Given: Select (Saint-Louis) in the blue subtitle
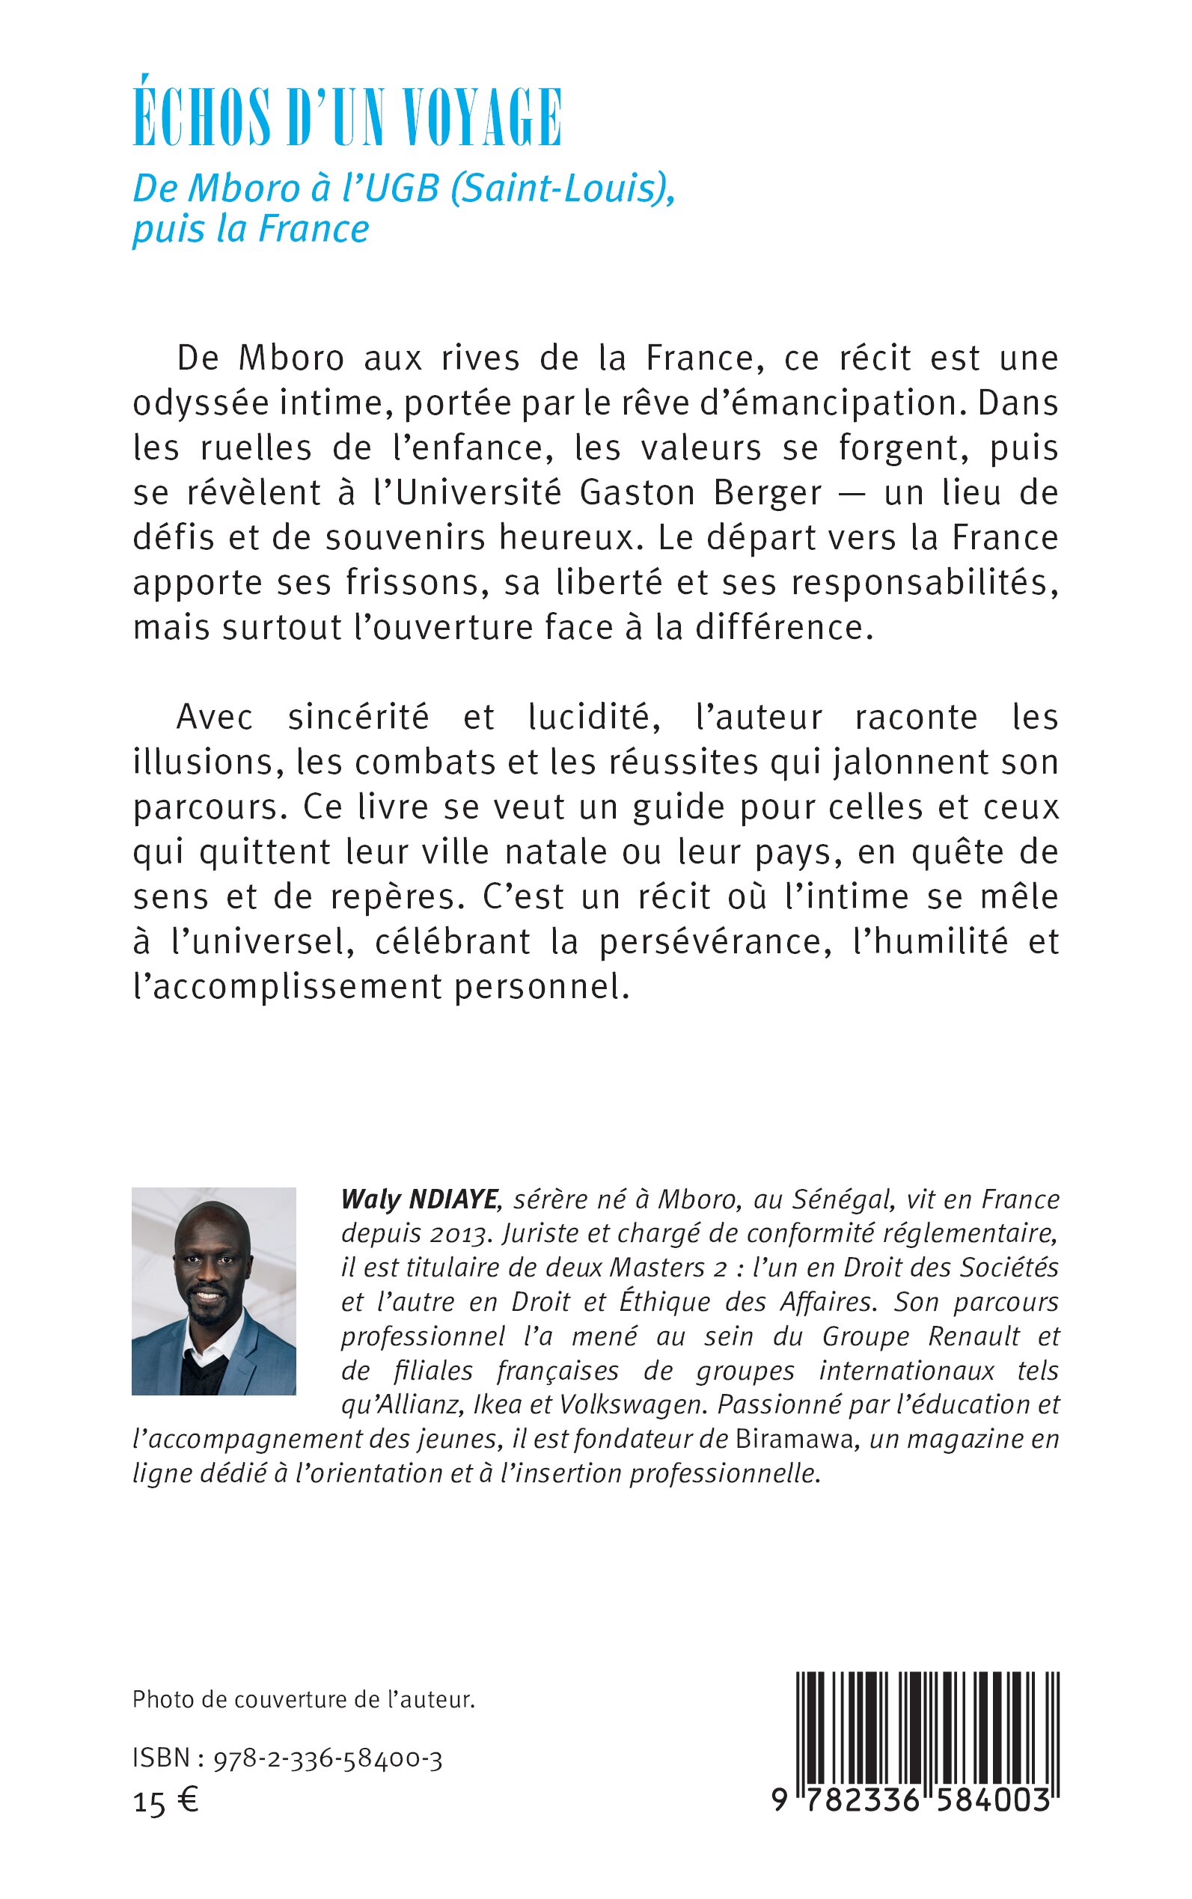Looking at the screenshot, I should (562, 189).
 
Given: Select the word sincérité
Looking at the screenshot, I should (358, 718).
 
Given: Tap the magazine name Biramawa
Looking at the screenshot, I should (795, 1440).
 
